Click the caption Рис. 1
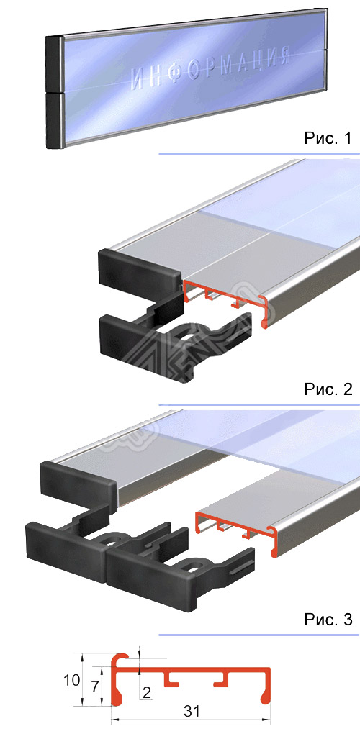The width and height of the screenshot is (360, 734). click(328, 138)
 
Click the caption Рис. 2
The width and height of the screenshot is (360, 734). click(328, 390)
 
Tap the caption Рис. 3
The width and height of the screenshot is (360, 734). click(328, 619)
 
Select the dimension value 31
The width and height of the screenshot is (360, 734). click(191, 712)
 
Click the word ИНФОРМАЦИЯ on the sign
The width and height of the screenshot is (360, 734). click(212, 71)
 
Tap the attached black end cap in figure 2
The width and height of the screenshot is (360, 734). click(137, 270)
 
